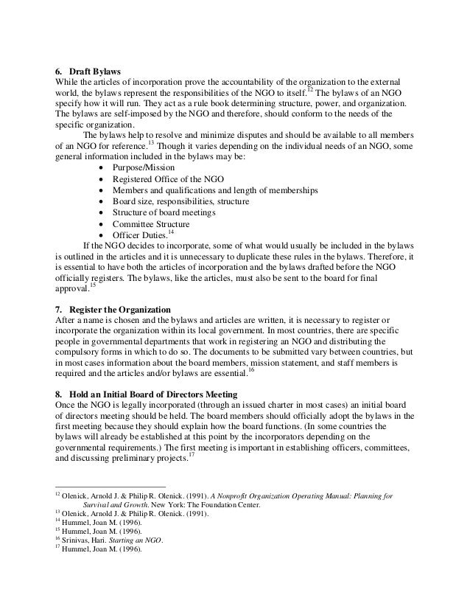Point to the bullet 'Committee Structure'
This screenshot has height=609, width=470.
151,224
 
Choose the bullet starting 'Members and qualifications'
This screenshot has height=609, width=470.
215,190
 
